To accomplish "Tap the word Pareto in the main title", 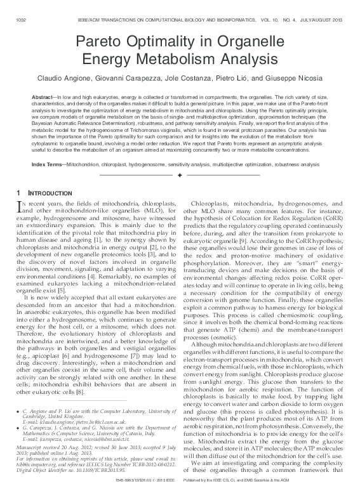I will pyautogui.click(x=101, y=43).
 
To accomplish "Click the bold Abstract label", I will pyautogui.click(x=43, y=95).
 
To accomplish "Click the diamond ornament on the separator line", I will pyautogui.click(x=180, y=175).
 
